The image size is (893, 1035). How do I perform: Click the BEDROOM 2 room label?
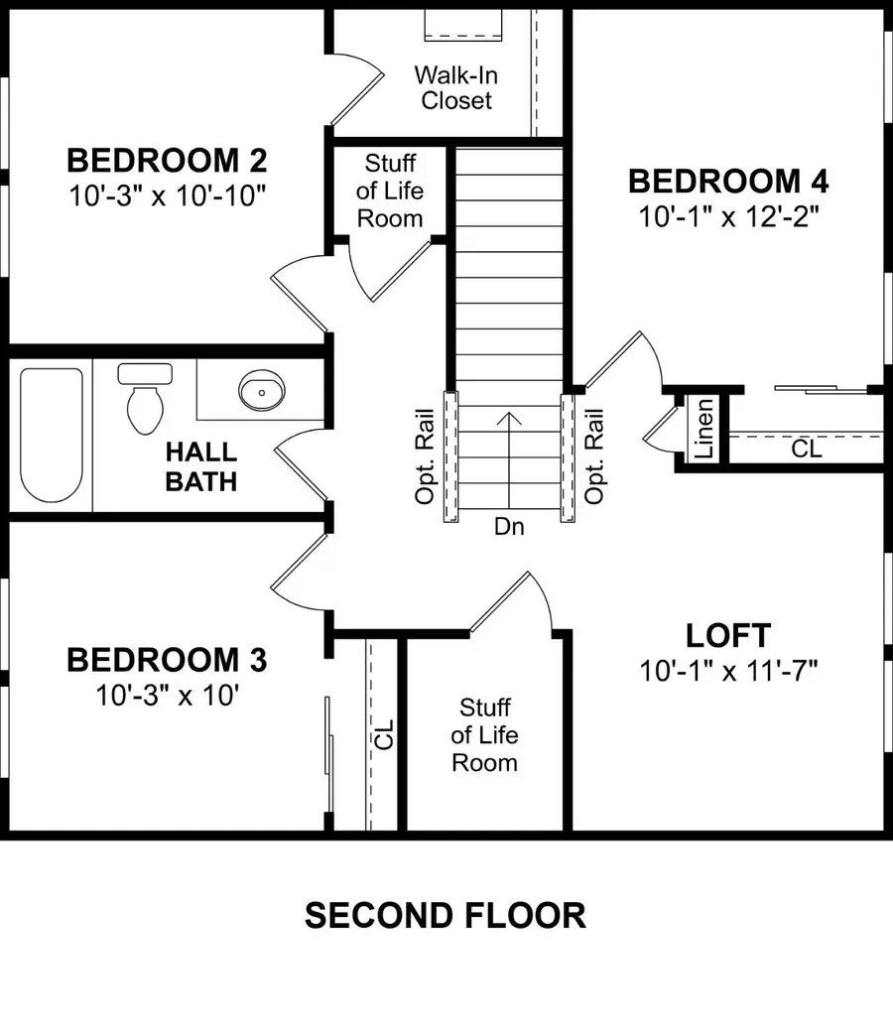point(167,159)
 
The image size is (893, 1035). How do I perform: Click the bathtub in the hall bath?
point(52,435)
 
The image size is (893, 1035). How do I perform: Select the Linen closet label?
point(703,428)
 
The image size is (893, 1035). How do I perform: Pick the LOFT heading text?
point(728,635)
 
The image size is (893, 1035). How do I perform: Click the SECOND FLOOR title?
point(446,915)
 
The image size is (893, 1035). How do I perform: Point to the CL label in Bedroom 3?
point(384,734)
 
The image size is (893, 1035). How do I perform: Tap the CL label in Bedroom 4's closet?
point(806,450)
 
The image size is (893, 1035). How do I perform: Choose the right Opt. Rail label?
point(595,455)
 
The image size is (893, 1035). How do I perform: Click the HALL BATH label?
point(201,466)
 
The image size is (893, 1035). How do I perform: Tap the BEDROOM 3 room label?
point(167,659)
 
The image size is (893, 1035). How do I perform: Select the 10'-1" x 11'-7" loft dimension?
point(729,672)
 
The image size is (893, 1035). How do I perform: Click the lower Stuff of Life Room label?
point(485,734)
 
